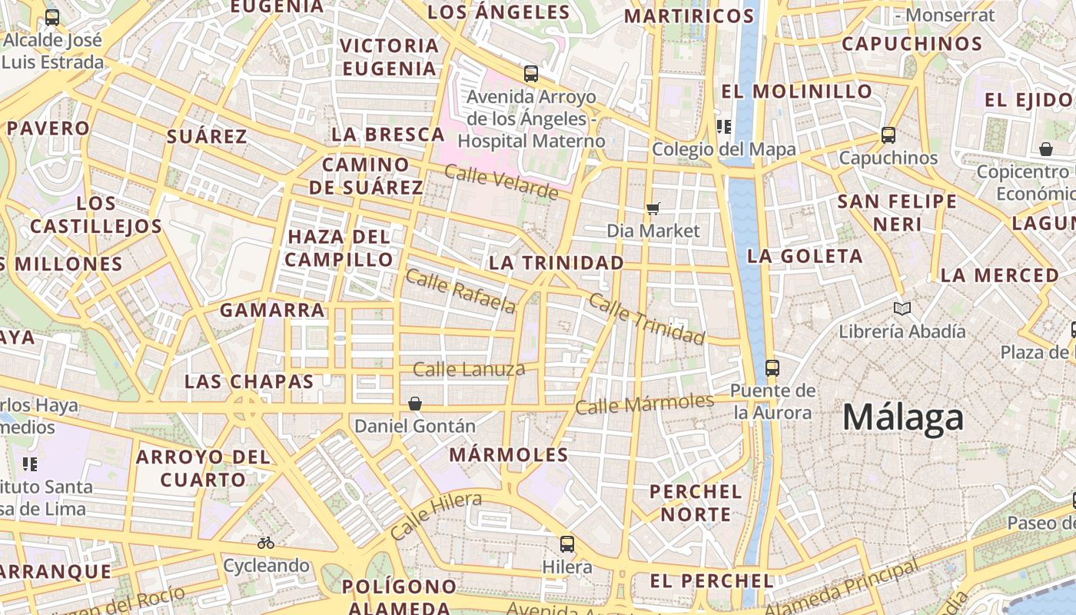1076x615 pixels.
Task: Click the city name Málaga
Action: pyautogui.click(x=902, y=417)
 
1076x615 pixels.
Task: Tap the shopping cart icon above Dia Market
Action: pyautogui.click(x=653, y=208)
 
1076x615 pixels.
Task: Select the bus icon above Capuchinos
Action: pyautogui.click(x=888, y=135)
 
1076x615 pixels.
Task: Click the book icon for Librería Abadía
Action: pyautogui.click(x=902, y=308)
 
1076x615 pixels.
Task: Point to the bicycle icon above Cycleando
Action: pyautogui.click(x=266, y=543)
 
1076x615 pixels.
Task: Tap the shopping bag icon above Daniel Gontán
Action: pyautogui.click(x=415, y=403)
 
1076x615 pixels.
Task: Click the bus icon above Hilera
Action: pyautogui.click(x=567, y=544)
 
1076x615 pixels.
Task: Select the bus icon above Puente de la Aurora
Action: pyautogui.click(x=772, y=367)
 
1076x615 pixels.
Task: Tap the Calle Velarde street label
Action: pyautogui.click(x=501, y=182)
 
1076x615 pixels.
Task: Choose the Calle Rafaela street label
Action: pyautogui.click(x=460, y=291)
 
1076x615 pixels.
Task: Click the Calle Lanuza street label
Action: pyautogui.click(x=469, y=370)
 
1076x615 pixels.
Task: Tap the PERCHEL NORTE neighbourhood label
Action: pyautogui.click(x=696, y=503)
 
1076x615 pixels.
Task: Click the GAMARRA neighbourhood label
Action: pyautogui.click(x=272, y=311)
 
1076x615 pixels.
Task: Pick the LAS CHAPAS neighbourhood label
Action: pyautogui.click(x=249, y=381)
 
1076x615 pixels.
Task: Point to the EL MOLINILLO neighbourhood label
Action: pyautogui.click(x=797, y=91)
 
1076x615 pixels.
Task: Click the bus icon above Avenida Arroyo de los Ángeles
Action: pyautogui.click(x=531, y=74)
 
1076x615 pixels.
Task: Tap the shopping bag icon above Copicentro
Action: pyautogui.click(x=1045, y=148)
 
